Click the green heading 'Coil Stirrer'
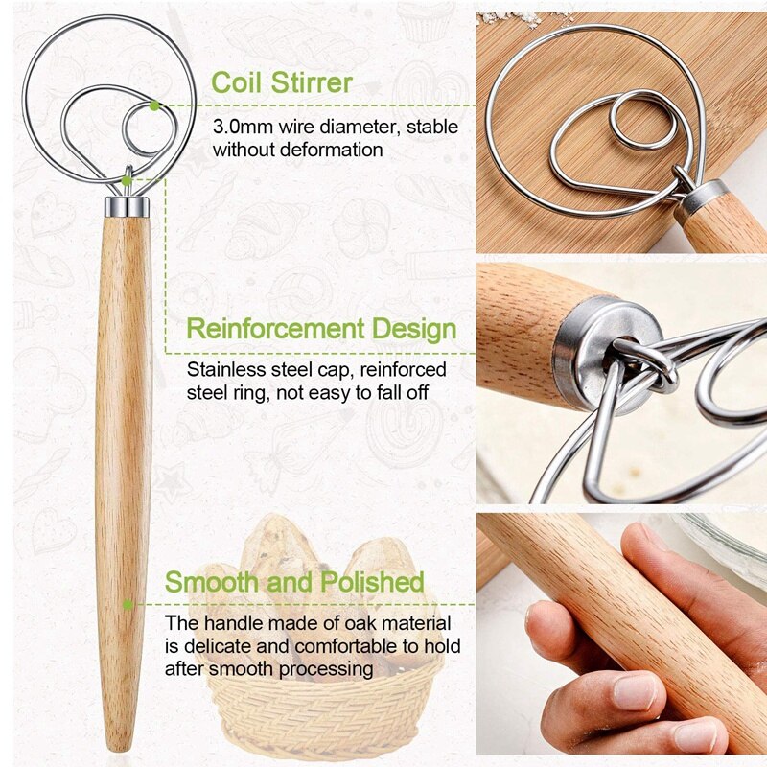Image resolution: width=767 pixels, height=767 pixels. tap(281, 81)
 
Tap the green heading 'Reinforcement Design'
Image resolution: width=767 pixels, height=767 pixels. tap(321, 329)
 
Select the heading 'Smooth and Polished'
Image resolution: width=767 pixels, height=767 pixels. tap(294, 582)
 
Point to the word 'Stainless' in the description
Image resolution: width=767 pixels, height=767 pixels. tap(224, 369)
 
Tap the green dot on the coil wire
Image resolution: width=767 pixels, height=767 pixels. tap(153, 105)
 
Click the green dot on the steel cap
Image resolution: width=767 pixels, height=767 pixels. tap(128, 179)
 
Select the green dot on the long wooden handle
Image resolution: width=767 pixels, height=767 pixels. tap(128, 605)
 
